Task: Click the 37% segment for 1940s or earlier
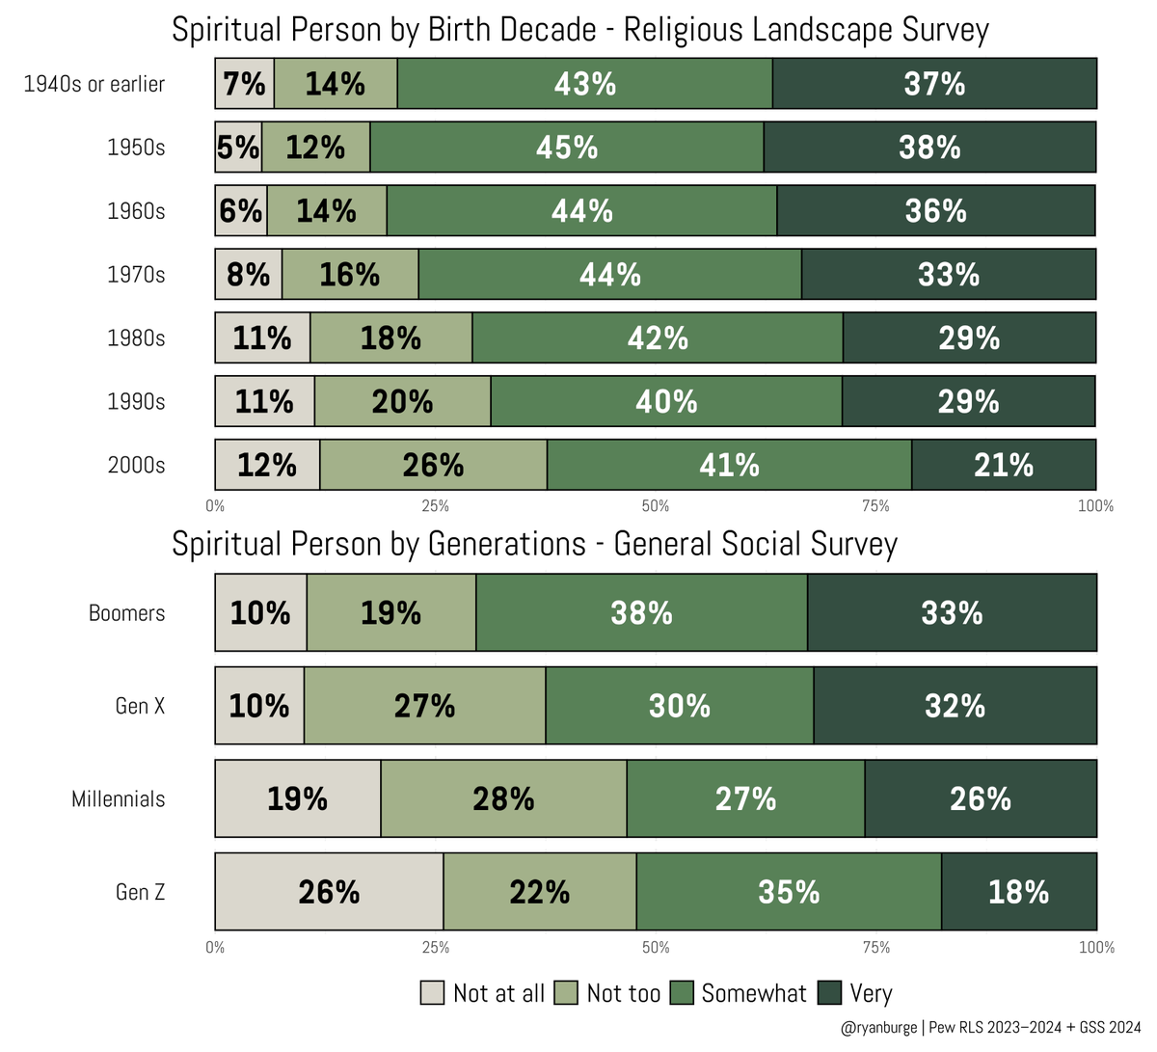[933, 84]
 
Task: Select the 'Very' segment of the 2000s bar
[1003, 465]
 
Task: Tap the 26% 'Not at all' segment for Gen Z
[329, 892]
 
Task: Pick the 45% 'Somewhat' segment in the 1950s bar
[567, 148]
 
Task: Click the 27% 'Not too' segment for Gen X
[424, 706]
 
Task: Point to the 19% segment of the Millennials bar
[297, 798]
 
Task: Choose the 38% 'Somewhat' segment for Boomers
[641, 613]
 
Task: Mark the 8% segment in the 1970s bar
[248, 275]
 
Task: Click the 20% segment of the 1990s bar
[402, 401]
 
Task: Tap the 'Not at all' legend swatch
[432, 993]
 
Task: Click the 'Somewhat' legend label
[753, 993]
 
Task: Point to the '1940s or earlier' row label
[94, 84]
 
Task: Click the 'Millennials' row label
[118, 799]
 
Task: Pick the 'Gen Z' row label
[140, 892]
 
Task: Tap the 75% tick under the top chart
[874, 506]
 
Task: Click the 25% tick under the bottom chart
[435, 948]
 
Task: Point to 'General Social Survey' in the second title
[755, 545]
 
